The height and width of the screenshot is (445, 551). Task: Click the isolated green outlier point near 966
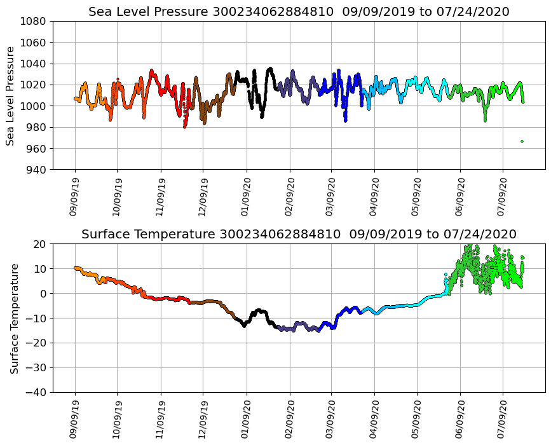click(522, 141)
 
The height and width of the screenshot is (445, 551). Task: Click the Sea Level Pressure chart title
click(299, 11)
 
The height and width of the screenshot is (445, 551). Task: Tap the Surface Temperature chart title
click(299, 234)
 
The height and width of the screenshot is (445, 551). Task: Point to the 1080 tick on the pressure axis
click(32, 21)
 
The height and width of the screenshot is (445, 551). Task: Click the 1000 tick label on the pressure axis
click(32, 106)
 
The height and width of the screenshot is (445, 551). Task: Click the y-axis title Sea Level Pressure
click(11, 95)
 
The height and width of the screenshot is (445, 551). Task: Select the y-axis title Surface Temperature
click(13, 318)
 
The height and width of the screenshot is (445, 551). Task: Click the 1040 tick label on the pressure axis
click(32, 64)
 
